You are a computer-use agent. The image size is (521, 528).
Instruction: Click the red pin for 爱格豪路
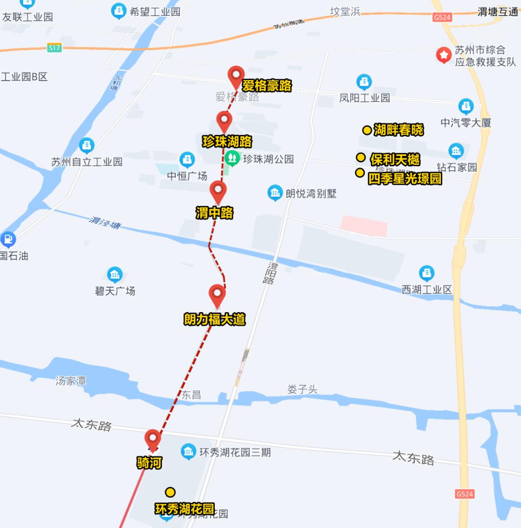pos(236,76)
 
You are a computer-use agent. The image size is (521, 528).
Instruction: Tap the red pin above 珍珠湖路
pos(224,120)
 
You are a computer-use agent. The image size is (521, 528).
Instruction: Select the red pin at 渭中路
pos(218,191)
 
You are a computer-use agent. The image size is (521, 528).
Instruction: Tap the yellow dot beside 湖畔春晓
pos(367,130)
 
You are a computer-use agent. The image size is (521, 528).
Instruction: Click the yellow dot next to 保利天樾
pos(361,158)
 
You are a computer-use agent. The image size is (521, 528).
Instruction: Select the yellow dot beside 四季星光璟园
pos(359,172)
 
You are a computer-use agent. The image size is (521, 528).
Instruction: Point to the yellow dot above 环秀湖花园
pos(170,492)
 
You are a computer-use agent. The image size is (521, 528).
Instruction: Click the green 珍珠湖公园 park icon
pos(233,158)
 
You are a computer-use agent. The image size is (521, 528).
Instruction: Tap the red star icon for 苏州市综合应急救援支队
pos(443,55)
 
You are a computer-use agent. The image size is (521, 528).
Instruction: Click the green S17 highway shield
pos(55,48)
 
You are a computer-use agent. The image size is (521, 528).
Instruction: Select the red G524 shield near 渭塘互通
pos(442,17)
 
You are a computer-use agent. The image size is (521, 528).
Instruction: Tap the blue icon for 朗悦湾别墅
pos(275,193)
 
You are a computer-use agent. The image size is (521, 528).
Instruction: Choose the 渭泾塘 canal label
pos(105,223)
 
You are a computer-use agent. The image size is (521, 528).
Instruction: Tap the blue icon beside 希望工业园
pos(119,11)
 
